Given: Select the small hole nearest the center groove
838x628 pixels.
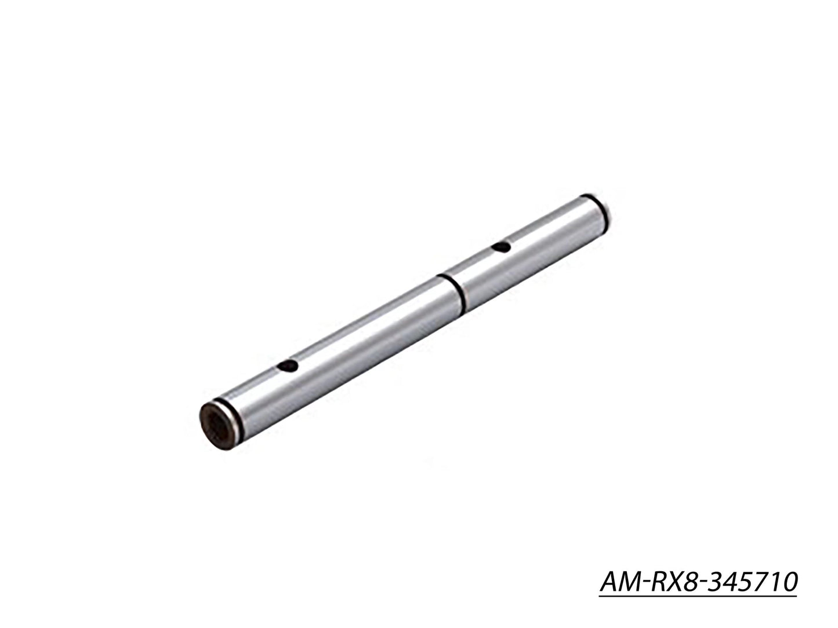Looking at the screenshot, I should point(500,248).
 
